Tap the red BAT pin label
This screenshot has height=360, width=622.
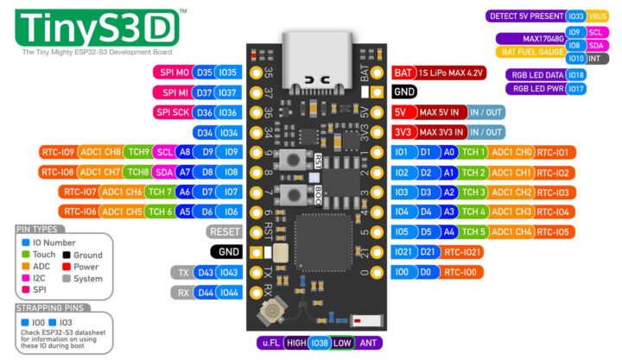point(403,73)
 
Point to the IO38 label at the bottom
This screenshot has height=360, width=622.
point(320,343)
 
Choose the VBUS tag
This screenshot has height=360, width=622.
point(598,16)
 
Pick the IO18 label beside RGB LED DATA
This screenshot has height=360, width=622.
point(577,74)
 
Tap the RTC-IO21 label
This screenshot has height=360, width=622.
point(465,251)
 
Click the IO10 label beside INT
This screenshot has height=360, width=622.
point(576,58)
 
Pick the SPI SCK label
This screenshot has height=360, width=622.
point(172,112)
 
